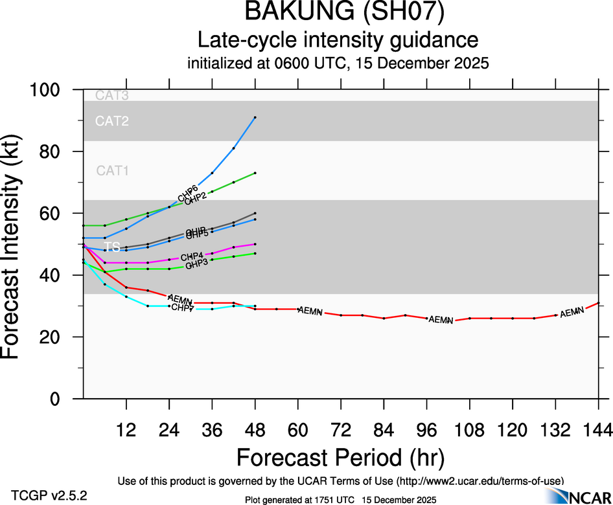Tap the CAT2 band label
point(112,121)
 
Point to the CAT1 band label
point(112,171)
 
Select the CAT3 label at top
point(112,96)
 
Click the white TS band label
point(112,247)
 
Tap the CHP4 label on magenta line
point(192,257)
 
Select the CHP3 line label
point(196,265)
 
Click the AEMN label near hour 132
point(572,313)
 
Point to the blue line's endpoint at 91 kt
point(255,117)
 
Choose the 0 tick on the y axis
point(66,399)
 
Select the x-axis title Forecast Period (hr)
point(340,458)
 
